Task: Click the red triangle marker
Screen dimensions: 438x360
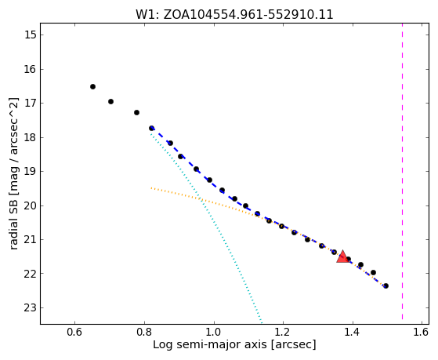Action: point(342,256)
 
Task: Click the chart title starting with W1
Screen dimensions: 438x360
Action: point(234,15)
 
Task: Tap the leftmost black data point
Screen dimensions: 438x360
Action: point(92,87)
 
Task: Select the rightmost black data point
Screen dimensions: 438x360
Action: point(386,285)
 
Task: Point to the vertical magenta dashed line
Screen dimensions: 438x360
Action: point(402,171)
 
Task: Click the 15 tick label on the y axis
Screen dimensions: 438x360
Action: point(31,35)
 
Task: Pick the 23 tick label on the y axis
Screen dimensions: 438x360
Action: point(31,308)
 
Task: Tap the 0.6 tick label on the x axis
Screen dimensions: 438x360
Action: point(74,332)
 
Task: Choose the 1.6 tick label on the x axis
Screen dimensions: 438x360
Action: point(421,332)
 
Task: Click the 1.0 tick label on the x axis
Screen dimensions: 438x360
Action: point(214,332)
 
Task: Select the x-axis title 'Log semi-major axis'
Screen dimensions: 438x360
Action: point(210,345)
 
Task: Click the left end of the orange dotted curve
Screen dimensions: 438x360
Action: point(151,188)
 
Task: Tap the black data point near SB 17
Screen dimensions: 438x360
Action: point(111,101)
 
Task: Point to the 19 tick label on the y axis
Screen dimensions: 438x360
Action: point(31,172)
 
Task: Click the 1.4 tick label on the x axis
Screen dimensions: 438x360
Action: point(353,332)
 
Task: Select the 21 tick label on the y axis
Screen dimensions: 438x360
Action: point(31,240)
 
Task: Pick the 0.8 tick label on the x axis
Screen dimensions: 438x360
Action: point(144,332)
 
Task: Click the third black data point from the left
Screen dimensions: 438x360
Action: point(136,112)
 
